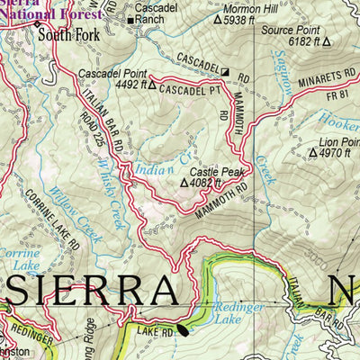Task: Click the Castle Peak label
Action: pyautogui.click(x=215, y=170)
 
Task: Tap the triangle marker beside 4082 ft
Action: pyautogui.click(x=184, y=183)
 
